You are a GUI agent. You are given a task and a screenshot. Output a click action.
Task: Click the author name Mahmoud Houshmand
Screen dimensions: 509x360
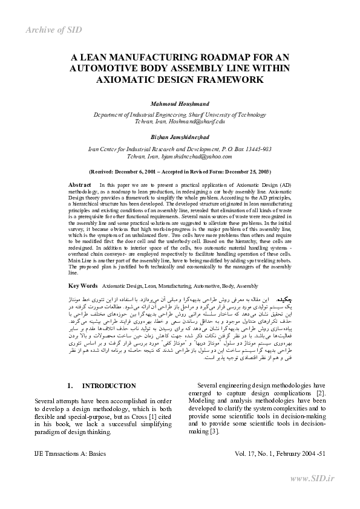click(x=180, y=103)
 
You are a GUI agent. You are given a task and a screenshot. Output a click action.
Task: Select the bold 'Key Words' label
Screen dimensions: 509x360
click(x=83, y=285)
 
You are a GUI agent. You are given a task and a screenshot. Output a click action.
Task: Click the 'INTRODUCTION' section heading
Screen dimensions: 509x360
click(x=109, y=386)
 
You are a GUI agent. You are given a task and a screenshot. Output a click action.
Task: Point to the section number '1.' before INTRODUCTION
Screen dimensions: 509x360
click(x=71, y=386)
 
